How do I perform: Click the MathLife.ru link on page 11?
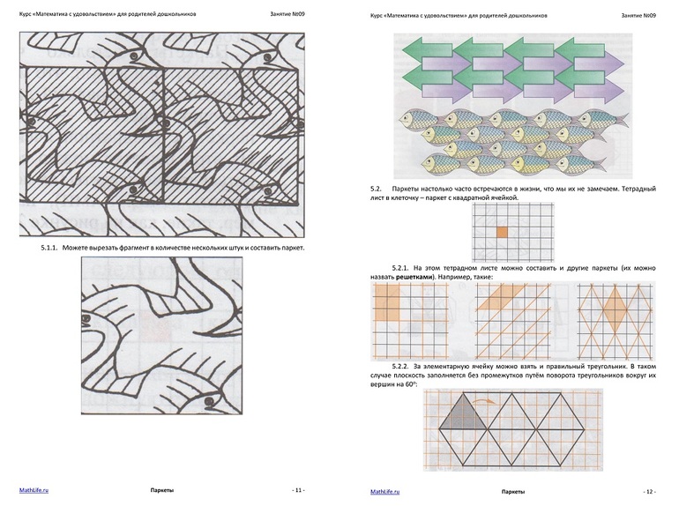point(34,490)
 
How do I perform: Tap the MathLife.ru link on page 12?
point(385,492)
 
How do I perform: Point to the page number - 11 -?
point(298,490)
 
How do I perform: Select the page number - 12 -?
point(650,492)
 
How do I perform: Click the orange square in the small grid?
point(502,232)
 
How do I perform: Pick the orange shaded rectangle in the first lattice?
point(387,302)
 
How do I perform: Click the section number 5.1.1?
point(49,248)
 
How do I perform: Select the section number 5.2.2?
point(400,366)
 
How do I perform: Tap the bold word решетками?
point(414,277)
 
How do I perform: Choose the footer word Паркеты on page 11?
point(162,490)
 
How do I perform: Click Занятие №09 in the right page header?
point(638,15)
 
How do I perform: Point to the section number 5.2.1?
point(400,268)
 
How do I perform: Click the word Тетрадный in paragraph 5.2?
point(642,189)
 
